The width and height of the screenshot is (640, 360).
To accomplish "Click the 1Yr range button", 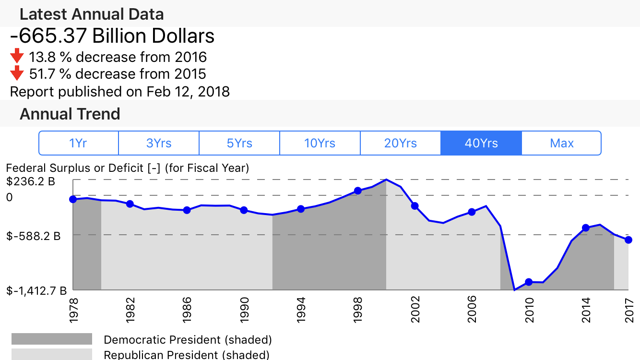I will pyautogui.click(x=78, y=143).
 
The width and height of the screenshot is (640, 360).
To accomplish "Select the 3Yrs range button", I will pyautogui.click(x=159, y=143).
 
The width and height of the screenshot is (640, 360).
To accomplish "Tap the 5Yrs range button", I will pyautogui.click(x=239, y=143).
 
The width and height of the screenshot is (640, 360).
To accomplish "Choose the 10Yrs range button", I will pyautogui.click(x=320, y=143).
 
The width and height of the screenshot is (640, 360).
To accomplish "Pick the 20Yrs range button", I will pyautogui.click(x=400, y=143).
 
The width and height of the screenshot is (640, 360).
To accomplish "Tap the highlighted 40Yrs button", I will pyautogui.click(x=481, y=143).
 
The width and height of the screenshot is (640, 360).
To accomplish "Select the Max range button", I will pyautogui.click(x=561, y=143).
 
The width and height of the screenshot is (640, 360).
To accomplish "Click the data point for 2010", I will pyautogui.click(x=529, y=282).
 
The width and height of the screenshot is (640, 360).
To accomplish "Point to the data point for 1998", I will pyautogui.click(x=357, y=191).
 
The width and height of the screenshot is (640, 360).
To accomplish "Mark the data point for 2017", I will pyautogui.click(x=628, y=240).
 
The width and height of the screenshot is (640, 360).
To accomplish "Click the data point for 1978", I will pyautogui.click(x=73, y=199).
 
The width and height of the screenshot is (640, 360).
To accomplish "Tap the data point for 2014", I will pyautogui.click(x=585, y=228).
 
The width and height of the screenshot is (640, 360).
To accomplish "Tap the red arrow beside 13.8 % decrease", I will pyautogui.click(x=17, y=57).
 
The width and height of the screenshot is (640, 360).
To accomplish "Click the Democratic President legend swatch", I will pyautogui.click(x=52, y=339).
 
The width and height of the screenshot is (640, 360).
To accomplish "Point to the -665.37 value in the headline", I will pyautogui.click(x=48, y=36).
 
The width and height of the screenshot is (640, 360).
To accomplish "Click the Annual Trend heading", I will pyautogui.click(x=70, y=114).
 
